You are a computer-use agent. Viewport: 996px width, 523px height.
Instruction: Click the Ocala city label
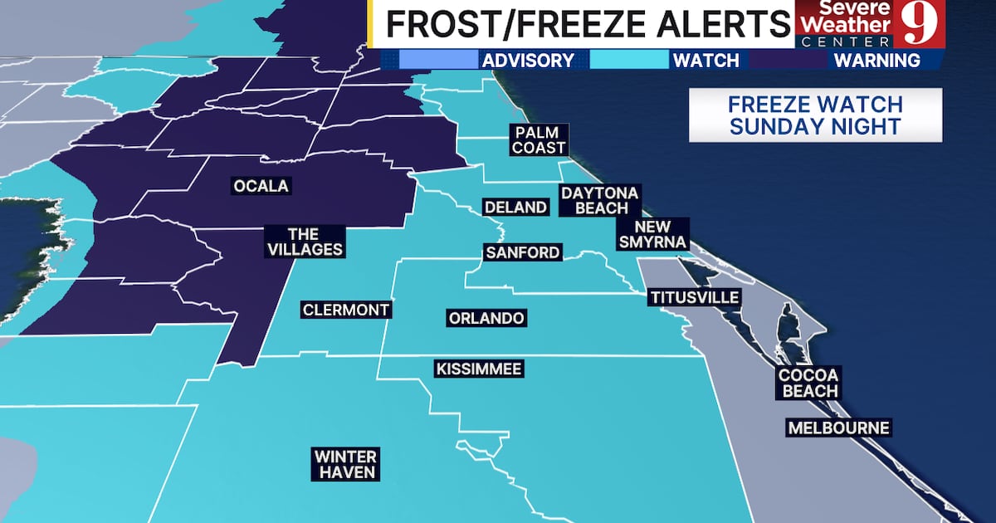(x=261, y=186)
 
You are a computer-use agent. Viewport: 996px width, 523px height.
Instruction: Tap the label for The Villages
(x=304, y=242)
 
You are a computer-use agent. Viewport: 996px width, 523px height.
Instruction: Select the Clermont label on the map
(x=345, y=310)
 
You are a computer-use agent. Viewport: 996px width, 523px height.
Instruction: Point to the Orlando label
(x=486, y=318)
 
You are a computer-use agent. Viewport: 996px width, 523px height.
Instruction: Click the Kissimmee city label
(x=479, y=369)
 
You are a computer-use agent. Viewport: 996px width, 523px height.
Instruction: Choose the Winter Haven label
(x=346, y=465)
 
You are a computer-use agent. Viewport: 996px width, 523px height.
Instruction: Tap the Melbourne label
(x=838, y=428)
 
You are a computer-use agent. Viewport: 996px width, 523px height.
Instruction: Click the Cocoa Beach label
(x=808, y=383)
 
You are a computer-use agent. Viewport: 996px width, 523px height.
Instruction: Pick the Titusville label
(x=694, y=297)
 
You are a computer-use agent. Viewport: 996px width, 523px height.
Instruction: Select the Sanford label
(x=523, y=252)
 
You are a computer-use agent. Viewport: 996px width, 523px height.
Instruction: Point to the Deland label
(x=516, y=207)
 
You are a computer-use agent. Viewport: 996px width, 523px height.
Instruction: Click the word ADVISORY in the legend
(x=528, y=60)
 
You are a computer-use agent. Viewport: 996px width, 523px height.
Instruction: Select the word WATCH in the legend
(x=705, y=60)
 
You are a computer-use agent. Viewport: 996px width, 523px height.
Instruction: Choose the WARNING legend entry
(x=876, y=60)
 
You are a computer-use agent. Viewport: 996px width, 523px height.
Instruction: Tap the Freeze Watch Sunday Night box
(x=815, y=115)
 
